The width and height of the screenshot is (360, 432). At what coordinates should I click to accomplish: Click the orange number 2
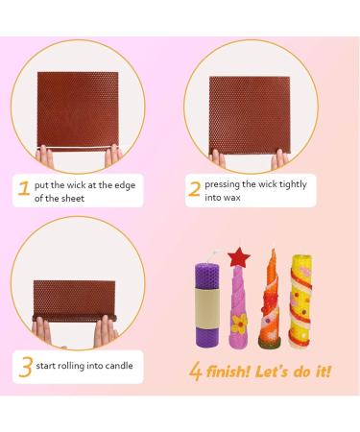195,189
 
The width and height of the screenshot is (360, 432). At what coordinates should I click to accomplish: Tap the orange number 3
25,365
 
